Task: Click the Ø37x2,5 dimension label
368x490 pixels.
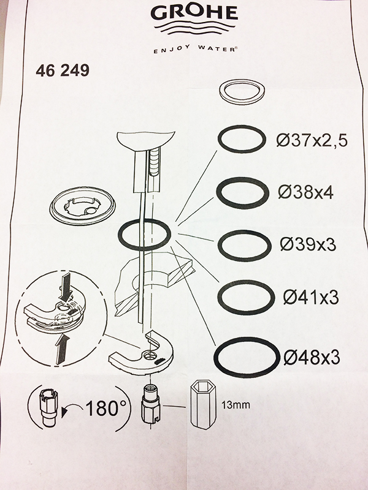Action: coord(312,141)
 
